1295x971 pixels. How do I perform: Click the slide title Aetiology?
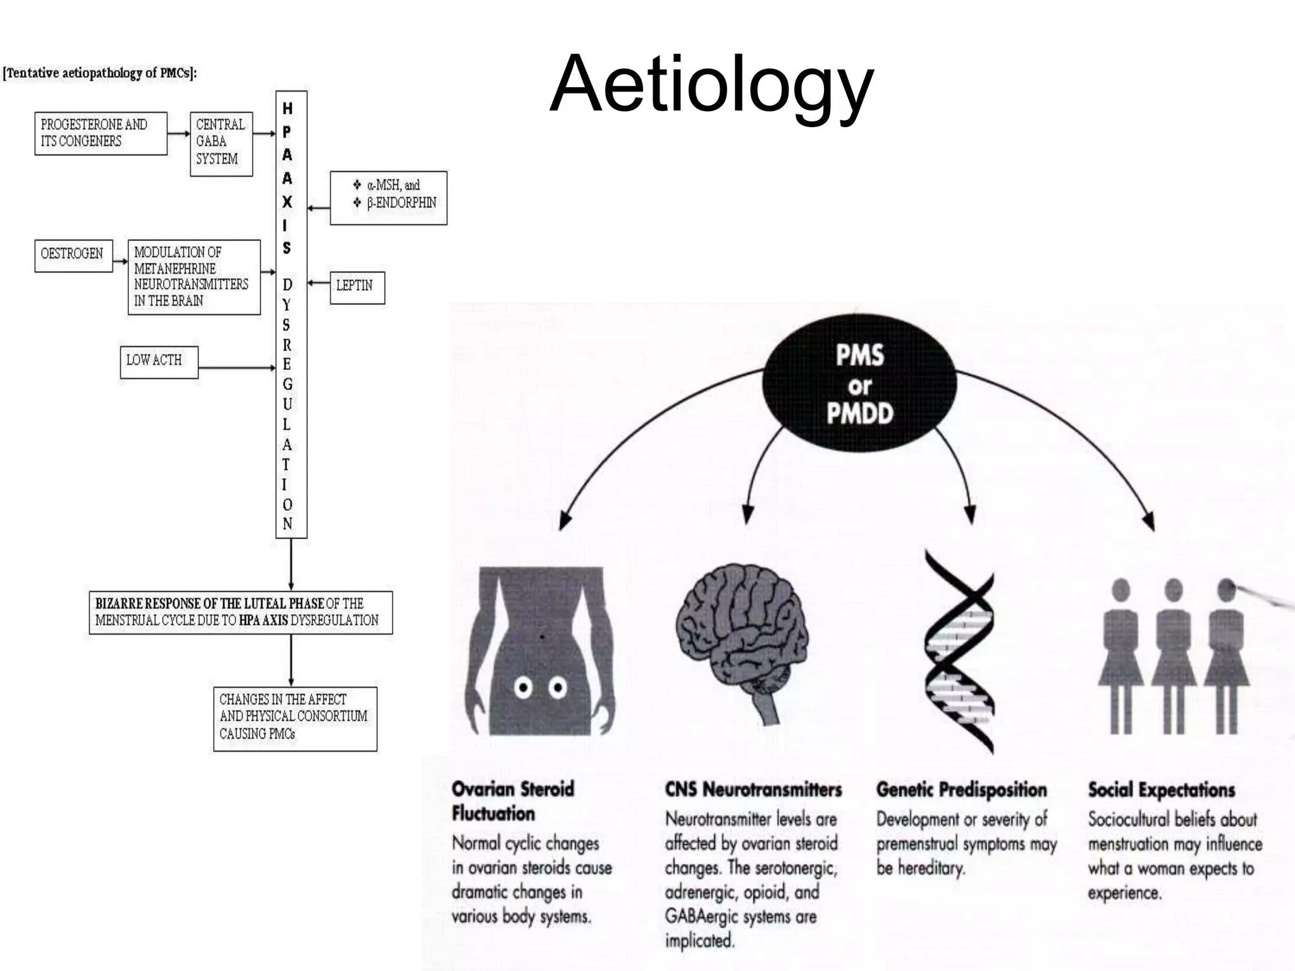click(711, 85)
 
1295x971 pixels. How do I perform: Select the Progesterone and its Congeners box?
click(101, 133)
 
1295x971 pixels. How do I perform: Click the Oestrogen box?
click(73, 255)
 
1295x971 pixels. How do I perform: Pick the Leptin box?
click(357, 288)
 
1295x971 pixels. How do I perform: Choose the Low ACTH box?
click(159, 362)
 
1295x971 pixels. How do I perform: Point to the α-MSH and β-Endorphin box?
click(388, 197)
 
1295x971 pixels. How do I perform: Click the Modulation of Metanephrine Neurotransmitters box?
click(193, 277)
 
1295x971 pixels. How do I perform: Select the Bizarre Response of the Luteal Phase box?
click(240, 613)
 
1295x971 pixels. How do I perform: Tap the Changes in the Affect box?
click(295, 719)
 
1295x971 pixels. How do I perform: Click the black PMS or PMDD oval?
click(860, 384)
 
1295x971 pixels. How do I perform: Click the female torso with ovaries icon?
click(541, 651)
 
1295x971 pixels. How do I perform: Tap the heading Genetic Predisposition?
click(961, 790)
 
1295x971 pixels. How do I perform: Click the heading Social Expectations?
click(1161, 790)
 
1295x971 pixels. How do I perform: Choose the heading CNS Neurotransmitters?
click(753, 790)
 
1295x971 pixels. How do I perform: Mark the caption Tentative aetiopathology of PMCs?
click(100, 73)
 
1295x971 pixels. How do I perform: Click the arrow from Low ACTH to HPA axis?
click(236, 367)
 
